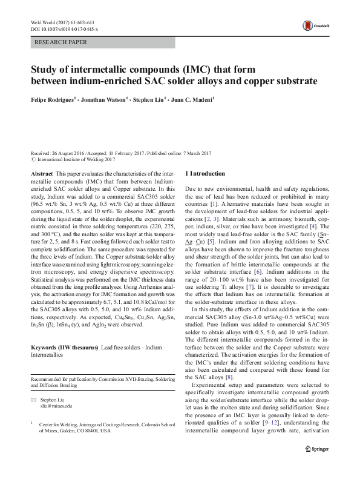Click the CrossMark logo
coord(312,25)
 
